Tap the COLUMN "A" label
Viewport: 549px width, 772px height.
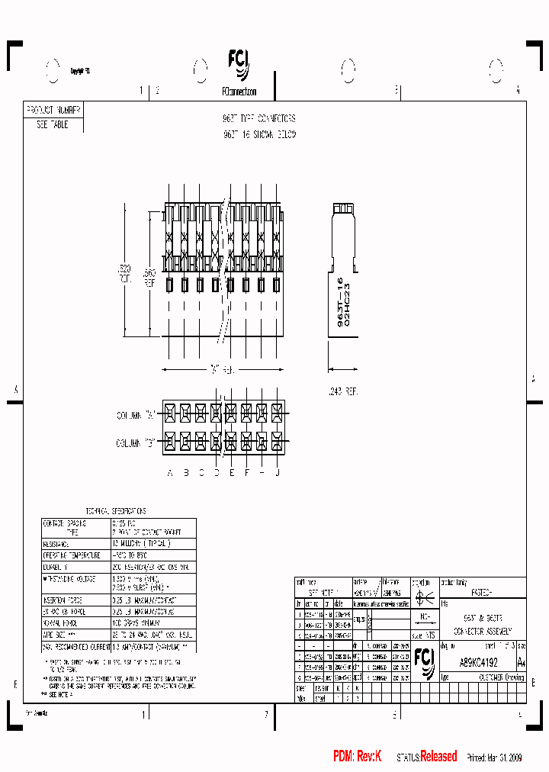tap(136, 415)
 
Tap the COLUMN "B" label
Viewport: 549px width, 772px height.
tap(136, 442)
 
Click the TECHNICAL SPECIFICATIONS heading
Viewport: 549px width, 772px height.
tap(115, 511)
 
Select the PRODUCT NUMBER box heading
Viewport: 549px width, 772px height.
tap(53, 110)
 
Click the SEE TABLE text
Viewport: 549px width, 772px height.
tap(53, 124)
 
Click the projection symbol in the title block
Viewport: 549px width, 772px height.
tap(424, 600)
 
